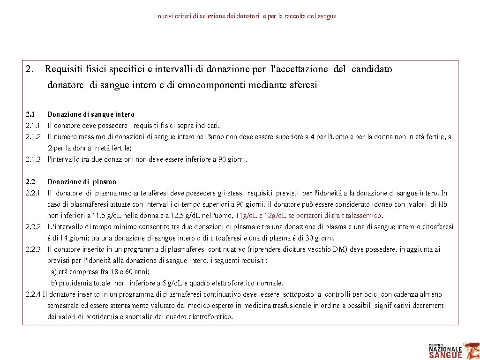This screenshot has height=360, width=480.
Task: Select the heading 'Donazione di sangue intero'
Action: point(91,114)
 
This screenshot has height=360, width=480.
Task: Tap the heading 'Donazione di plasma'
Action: point(82,182)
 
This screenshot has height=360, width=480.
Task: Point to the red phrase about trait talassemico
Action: point(309,216)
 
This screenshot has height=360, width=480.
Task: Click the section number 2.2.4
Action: point(33,294)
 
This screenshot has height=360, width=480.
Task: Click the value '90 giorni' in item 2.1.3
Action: point(233,159)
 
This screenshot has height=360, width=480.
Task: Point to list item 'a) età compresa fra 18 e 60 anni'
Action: point(100,272)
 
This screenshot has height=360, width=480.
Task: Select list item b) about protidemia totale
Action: point(167,283)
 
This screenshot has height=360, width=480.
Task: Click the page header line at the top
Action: point(245,16)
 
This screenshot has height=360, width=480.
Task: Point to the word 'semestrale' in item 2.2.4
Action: point(63,306)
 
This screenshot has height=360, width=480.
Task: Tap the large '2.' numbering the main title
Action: point(30,69)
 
